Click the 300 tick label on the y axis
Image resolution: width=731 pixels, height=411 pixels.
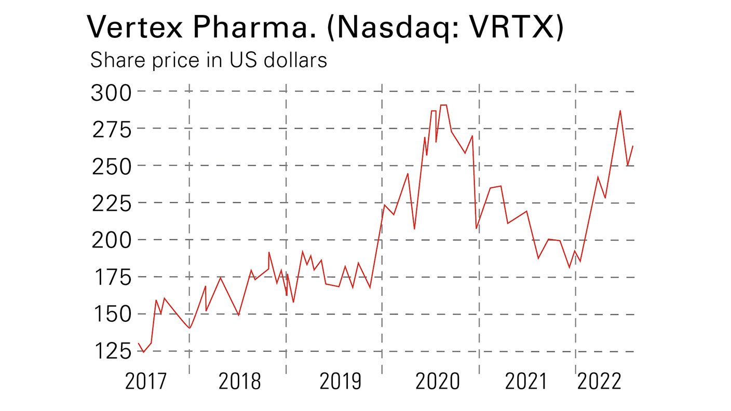point(112,93)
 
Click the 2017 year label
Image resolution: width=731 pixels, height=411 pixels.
point(146,382)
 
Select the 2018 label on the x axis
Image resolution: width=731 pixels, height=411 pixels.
point(239,382)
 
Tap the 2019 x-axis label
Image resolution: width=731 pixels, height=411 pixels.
point(340,382)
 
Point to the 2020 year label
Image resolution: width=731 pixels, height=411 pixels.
point(437,382)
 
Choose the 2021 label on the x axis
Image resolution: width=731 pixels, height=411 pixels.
point(526,382)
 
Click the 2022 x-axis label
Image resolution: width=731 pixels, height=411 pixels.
point(599,382)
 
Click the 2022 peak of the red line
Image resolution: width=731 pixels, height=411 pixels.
point(620,111)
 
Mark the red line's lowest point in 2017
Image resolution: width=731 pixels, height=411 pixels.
point(143,352)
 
